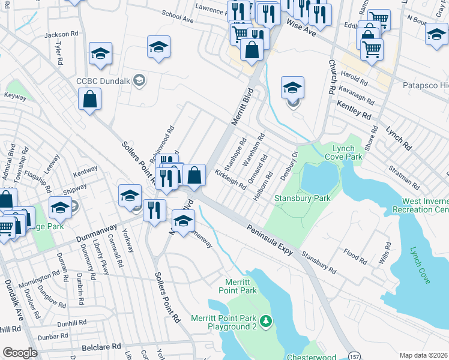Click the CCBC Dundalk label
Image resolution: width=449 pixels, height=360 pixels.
[x=104, y=80]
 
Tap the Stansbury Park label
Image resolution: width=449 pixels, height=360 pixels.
[x=303, y=198]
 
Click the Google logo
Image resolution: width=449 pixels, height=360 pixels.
[x=20, y=353]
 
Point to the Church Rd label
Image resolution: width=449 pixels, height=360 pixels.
[x=331, y=76]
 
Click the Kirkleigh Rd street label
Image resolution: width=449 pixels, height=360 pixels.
[x=231, y=179]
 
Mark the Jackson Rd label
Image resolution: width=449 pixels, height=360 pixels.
[x=61, y=35]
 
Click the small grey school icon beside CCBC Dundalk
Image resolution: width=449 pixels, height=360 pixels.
[x=139, y=80]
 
